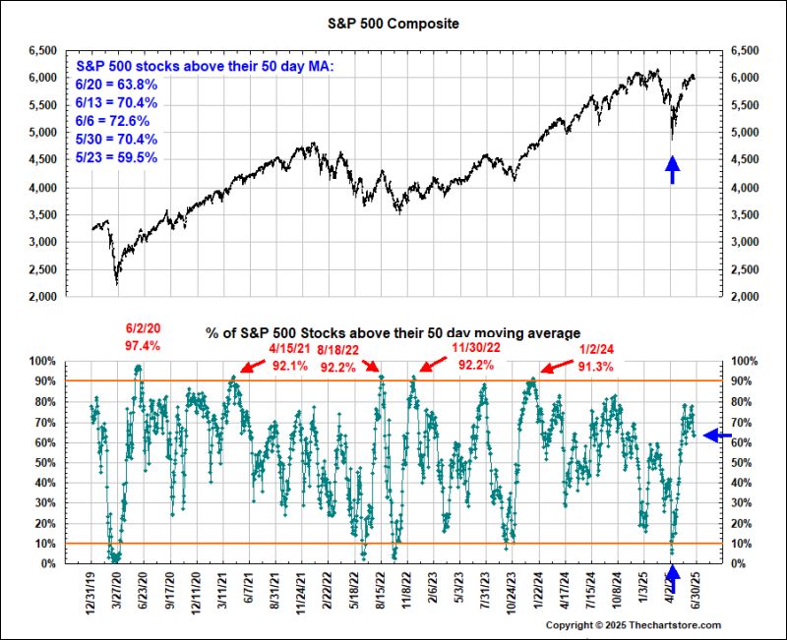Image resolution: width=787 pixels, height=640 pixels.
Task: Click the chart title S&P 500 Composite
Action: tap(394, 21)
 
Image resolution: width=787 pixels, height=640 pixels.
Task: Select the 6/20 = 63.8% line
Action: tap(116, 84)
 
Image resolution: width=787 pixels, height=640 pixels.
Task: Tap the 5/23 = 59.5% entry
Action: tap(116, 157)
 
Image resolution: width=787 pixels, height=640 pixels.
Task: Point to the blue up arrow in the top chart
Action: tap(672, 170)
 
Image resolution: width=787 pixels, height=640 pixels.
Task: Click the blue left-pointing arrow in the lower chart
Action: tap(717, 436)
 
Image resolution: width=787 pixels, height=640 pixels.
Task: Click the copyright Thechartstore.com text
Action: tap(634, 625)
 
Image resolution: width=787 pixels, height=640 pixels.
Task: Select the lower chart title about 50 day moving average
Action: tap(393, 334)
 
